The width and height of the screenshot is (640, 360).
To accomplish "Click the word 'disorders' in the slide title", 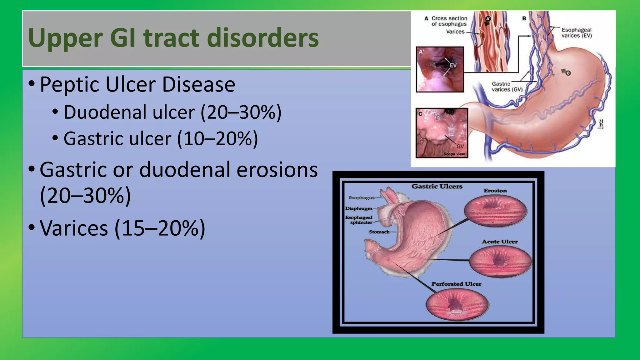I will pyautogui.click(x=262, y=38).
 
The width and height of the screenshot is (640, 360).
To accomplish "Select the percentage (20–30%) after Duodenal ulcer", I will pyautogui.click(x=241, y=112).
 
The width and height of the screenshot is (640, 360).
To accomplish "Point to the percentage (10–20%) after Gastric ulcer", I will pyautogui.click(x=217, y=138).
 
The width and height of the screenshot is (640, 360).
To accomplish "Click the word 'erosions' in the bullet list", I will pyautogui.click(x=277, y=170).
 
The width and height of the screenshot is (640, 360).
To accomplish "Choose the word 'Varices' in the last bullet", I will pyautogui.click(x=74, y=228).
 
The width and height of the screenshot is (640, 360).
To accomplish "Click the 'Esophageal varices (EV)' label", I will pyautogui.click(x=576, y=33).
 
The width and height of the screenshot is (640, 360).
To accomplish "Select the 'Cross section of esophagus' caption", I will pyautogui.click(x=449, y=21).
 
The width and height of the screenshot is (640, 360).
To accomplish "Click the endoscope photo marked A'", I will pyautogui.click(x=440, y=69).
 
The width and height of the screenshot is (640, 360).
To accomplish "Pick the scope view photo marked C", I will pyautogui.click(x=442, y=133).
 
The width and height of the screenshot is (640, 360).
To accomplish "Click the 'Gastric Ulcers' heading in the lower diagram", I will pyautogui.click(x=437, y=187).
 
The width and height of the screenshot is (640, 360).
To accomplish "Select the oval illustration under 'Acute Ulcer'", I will pyautogui.click(x=500, y=261).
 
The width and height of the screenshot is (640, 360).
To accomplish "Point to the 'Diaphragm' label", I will pyautogui.click(x=359, y=208).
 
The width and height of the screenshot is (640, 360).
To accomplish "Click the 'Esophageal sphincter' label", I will pyautogui.click(x=359, y=220).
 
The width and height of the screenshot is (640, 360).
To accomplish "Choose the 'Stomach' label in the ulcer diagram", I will pyautogui.click(x=379, y=232).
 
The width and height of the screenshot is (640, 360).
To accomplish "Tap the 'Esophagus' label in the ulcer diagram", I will pyautogui.click(x=362, y=198).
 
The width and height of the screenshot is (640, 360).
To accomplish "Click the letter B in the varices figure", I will pyautogui.click(x=524, y=18).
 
